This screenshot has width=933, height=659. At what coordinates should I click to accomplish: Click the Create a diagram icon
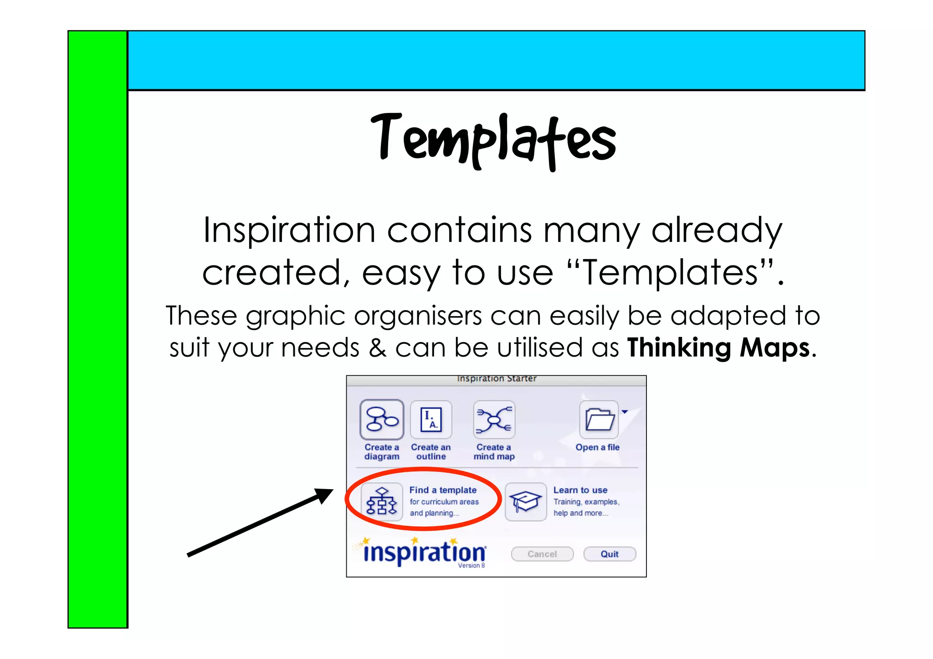pos(382,419)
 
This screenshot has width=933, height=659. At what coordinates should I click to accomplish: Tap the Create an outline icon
pos(431,419)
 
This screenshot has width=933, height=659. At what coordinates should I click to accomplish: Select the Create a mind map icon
pos(494,419)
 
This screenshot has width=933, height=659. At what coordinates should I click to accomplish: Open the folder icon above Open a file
pos(599,419)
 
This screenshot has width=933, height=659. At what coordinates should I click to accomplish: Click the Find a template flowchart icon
pos(382,502)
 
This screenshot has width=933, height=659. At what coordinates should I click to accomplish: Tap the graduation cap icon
pos(525,502)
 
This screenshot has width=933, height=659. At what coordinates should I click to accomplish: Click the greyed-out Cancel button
pos(542,554)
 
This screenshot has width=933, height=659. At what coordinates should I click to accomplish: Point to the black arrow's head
pos(324,495)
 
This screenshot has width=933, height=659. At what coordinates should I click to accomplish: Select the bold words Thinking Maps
pos(718,348)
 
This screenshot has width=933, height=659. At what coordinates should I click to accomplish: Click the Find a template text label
pos(443,490)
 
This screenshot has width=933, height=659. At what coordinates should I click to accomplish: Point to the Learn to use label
pos(580,490)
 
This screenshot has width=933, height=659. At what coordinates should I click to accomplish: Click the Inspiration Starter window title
pos(497,379)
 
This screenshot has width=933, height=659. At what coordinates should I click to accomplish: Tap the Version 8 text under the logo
pos(472,566)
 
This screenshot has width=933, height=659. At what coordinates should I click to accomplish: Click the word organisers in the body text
pos(418,316)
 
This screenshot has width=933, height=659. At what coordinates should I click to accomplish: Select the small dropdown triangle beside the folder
pos(625,412)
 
